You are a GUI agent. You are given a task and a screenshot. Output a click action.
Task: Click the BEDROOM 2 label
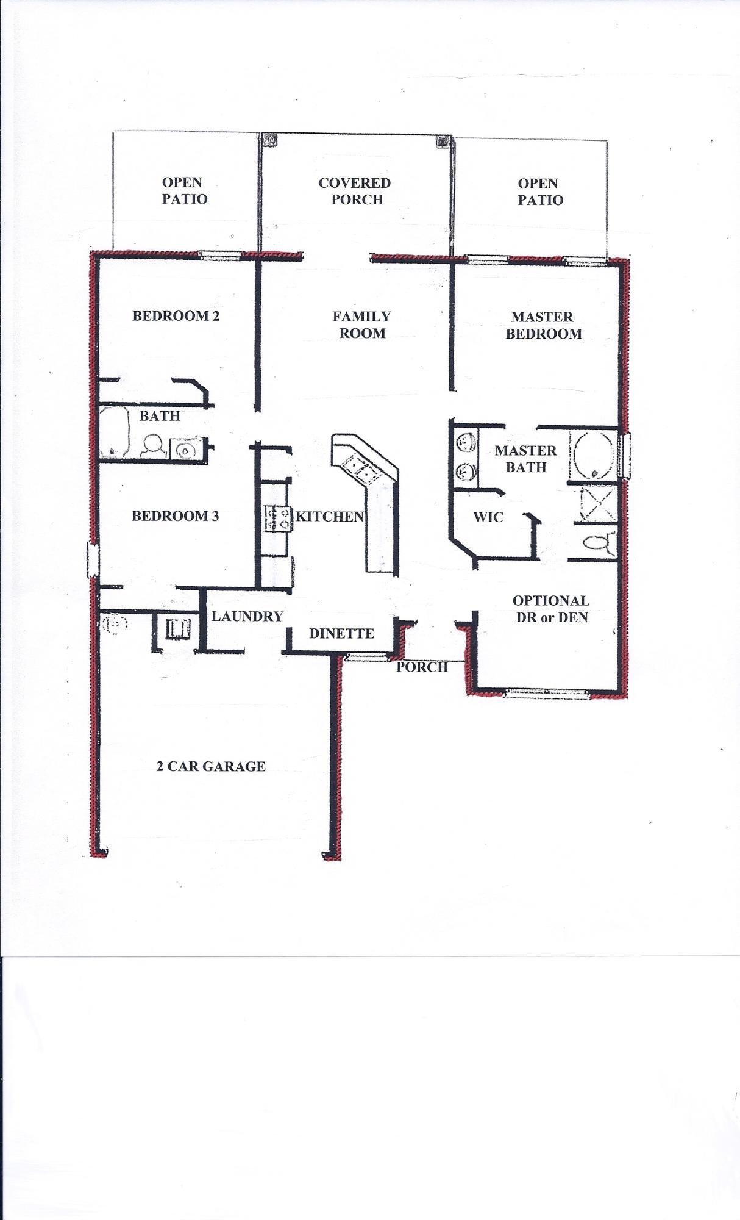176,316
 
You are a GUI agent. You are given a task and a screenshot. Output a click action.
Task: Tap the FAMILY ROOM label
362,325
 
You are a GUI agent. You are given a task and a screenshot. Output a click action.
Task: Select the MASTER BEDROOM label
543,325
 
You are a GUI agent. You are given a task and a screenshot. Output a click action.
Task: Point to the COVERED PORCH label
355,191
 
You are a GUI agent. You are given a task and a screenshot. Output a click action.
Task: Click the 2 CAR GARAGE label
211,766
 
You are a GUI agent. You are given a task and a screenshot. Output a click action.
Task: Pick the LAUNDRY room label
247,616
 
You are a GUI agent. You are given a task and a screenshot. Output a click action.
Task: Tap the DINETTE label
341,633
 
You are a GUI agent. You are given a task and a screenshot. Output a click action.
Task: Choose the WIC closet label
488,517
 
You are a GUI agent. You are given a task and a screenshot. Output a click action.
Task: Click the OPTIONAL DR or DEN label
551,609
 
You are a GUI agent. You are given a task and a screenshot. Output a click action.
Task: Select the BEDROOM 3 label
176,516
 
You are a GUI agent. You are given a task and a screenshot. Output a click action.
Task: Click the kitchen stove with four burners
277,518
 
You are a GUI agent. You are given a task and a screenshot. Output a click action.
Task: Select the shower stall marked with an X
595,503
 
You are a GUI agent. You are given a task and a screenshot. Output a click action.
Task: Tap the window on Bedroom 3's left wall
93,560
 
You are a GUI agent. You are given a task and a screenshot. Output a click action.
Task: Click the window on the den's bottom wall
547,692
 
